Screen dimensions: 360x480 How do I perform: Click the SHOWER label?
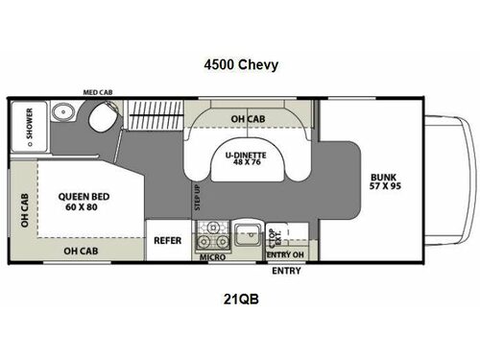pos(28,127)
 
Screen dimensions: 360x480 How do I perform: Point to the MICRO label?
pos(212,257)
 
